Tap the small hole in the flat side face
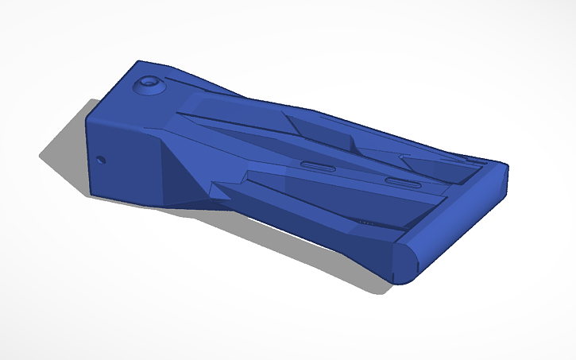click(x=101, y=159)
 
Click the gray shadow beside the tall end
click(x=64, y=155)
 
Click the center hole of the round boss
click(x=149, y=83)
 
